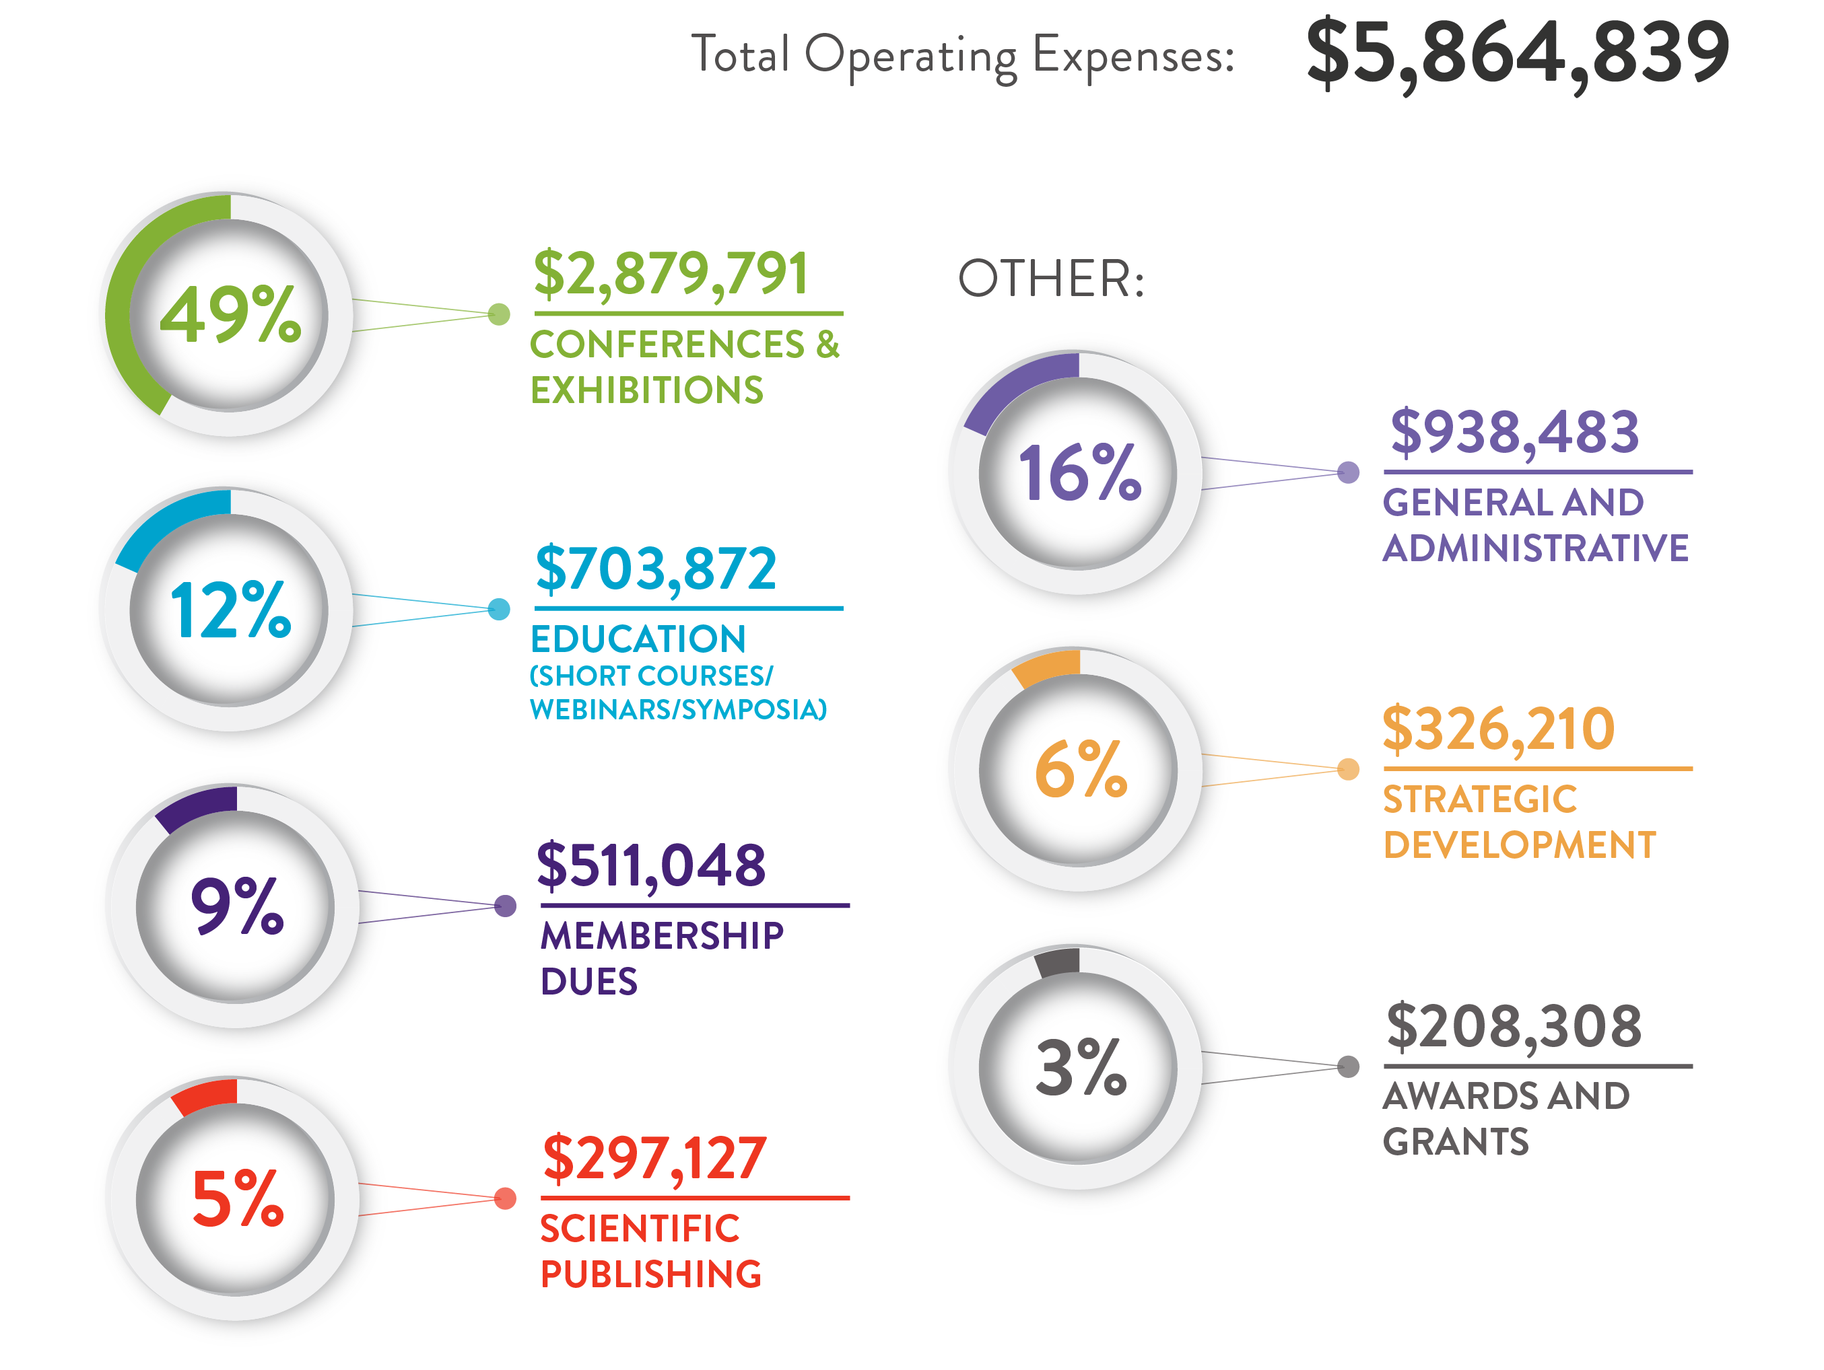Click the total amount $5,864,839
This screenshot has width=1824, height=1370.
1517,55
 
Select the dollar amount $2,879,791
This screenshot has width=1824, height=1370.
671,274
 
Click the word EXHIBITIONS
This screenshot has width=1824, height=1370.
647,390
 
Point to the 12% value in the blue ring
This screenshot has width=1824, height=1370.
230,610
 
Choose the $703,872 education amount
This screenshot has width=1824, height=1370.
656,569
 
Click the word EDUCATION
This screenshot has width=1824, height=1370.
638,639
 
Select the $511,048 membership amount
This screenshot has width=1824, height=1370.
652,865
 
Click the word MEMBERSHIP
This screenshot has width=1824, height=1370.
662,935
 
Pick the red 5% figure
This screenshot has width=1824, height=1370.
238,1198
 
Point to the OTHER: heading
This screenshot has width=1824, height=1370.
1051,279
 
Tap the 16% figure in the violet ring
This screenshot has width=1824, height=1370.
1079,473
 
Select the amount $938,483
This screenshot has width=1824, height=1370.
1515,432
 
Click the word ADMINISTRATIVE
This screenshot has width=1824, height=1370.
1535,548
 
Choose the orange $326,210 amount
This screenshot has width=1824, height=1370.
1498,729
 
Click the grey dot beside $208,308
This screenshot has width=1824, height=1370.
1348,1067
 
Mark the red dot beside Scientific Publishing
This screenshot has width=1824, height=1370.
506,1198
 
